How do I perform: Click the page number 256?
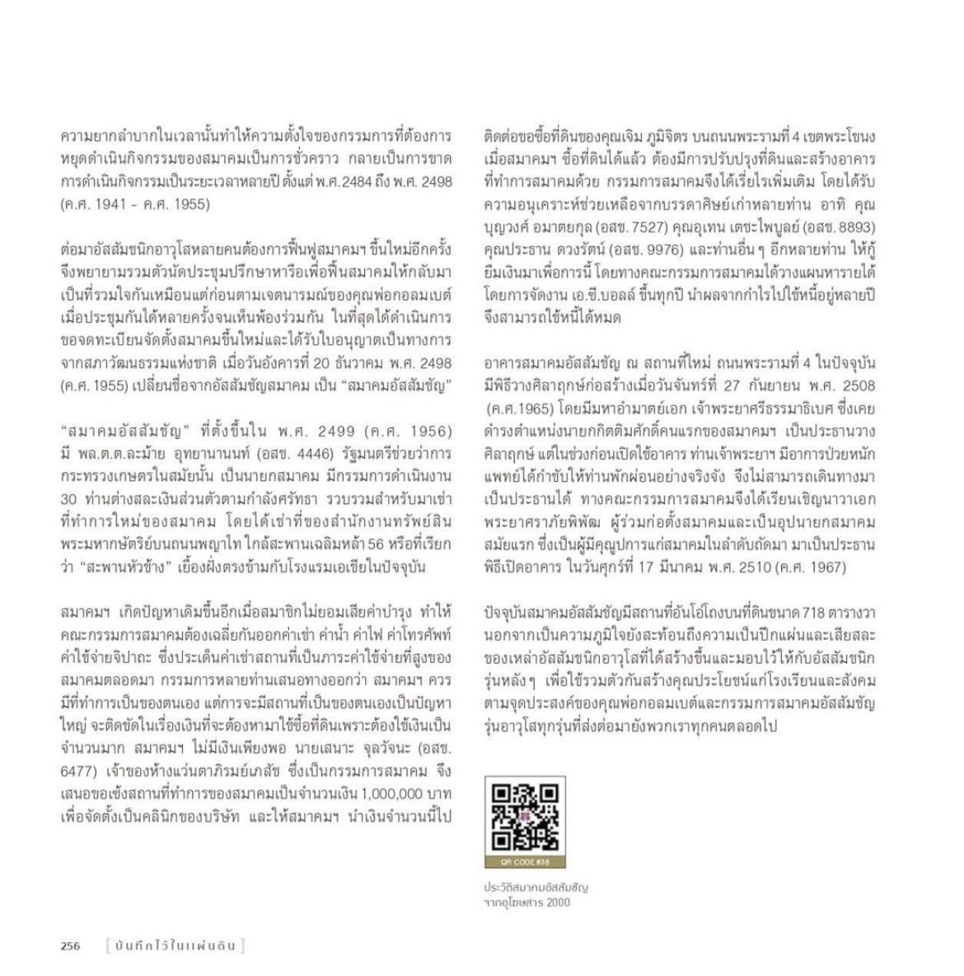click(x=71, y=946)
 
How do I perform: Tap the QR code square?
click(x=525, y=817)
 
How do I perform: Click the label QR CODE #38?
click(x=525, y=862)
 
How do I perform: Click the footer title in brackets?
click(x=175, y=946)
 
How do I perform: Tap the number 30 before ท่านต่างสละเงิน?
click(x=70, y=498)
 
